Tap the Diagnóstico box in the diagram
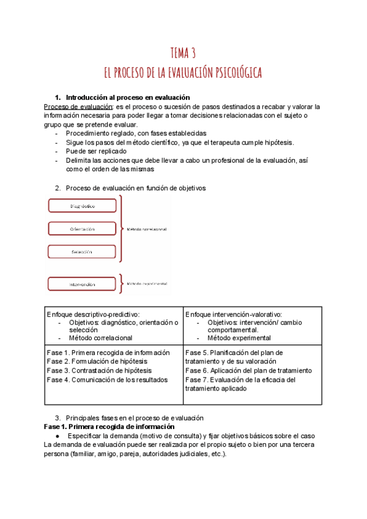click(82, 206)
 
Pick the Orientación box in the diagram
click(82, 229)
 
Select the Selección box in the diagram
click(82, 252)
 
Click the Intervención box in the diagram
click(82, 285)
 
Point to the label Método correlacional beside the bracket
click(147, 230)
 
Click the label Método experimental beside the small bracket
click(147, 284)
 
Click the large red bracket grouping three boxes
click(122, 228)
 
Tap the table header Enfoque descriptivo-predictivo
click(93, 314)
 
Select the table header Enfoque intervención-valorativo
click(233, 314)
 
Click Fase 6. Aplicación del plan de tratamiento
click(248, 370)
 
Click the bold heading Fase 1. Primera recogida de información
click(109, 426)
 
